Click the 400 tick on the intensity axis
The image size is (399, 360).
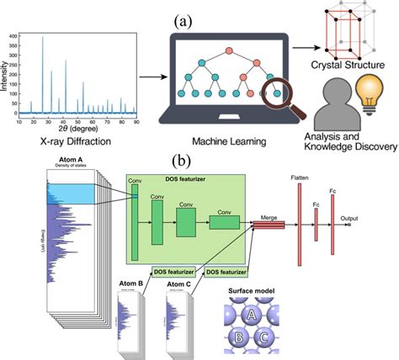(x=14, y=37)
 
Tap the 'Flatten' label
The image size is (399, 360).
(x=298, y=176)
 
